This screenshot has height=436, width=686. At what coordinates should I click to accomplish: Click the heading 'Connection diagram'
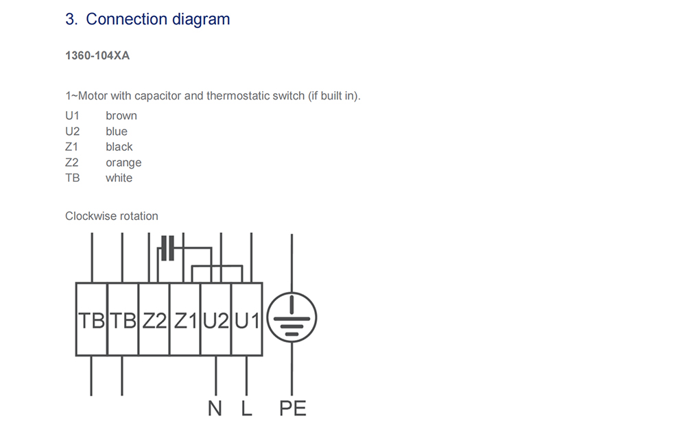pyautogui.click(x=158, y=19)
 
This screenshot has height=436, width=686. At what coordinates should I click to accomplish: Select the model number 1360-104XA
pyautogui.click(x=97, y=56)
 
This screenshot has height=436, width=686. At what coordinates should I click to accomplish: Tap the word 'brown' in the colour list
pyautogui.click(x=121, y=115)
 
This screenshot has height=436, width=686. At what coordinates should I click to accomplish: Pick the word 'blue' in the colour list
pyautogui.click(x=117, y=131)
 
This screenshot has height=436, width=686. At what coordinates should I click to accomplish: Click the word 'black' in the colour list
pyautogui.click(x=119, y=147)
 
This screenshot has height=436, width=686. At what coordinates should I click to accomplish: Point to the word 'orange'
pyautogui.click(x=123, y=162)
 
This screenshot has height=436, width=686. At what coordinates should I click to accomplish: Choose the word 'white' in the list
pyautogui.click(x=119, y=178)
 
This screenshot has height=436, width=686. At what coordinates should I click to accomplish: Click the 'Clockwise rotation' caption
pyautogui.click(x=112, y=216)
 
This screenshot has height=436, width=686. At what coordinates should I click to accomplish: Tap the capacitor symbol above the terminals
pyautogui.click(x=167, y=248)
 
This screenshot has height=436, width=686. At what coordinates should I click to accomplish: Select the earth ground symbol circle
pyautogui.click(x=292, y=293)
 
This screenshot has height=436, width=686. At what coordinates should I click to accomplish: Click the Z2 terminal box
pyautogui.click(x=154, y=319)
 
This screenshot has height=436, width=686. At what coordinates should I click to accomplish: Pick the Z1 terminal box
pyautogui.click(x=185, y=319)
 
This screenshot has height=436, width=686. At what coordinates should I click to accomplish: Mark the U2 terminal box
pyautogui.click(x=216, y=319)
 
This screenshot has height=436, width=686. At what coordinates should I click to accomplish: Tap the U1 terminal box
pyautogui.click(x=247, y=319)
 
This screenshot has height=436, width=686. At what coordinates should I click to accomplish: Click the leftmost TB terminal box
pyautogui.click(x=91, y=319)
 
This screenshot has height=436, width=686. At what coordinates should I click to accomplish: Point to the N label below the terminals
pyautogui.click(x=215, y=409)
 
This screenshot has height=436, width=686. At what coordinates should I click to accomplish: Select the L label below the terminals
pyautogui.click(x=247, y=409)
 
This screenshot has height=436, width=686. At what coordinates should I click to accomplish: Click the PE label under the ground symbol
pyautogui.click(x=293, y=409)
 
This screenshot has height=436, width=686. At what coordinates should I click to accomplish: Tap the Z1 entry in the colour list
pyautogui.click(x=72, y=147)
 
